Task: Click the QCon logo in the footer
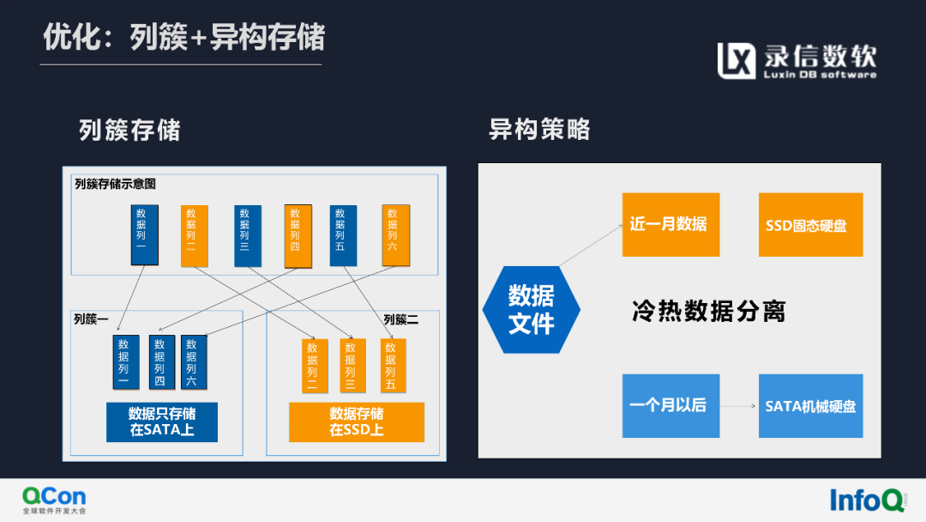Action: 54,500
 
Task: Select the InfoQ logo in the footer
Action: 867,500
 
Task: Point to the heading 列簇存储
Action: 129,130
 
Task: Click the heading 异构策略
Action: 539,130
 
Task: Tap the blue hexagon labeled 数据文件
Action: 532,309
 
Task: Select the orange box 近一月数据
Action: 670,224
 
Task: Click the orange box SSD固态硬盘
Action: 810,224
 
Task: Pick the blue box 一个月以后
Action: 670,405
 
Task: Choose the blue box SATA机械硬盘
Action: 810,405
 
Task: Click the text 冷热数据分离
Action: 708,311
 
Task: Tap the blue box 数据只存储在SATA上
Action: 162,422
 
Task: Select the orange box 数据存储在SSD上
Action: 357,422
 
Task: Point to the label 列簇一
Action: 91,319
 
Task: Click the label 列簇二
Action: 400,319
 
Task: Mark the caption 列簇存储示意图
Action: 115,184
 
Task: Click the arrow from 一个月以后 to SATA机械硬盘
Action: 738,405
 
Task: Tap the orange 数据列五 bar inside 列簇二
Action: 392,366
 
